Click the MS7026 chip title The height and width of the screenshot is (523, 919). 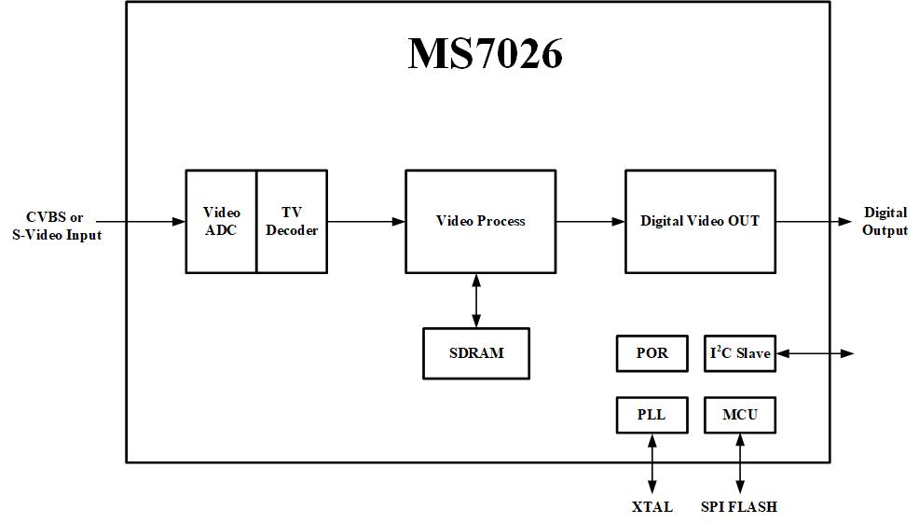pos(485,54)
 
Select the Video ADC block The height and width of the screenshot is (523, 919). pos(221,222)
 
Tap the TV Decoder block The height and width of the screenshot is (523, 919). pos(292,222)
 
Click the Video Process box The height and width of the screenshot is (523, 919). pos(480,222)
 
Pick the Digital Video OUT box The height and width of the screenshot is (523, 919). pos(699,222)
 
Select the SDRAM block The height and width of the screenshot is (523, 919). pos(476,353)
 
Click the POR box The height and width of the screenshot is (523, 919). pos(652,353)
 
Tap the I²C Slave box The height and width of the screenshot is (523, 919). pos(739,353)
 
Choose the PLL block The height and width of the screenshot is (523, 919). pos(652,414)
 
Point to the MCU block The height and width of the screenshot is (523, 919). pos(739,414)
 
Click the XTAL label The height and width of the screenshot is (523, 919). pos(652,507)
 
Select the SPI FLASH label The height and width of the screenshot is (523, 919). pos(738,507)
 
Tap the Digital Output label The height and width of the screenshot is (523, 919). pos(885,222)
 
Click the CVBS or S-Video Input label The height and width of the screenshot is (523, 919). pos(56,227)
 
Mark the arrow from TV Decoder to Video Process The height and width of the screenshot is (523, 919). pos(365,222)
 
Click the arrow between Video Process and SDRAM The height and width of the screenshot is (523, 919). pos(477,300)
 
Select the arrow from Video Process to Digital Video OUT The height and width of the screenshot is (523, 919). pos(590,222)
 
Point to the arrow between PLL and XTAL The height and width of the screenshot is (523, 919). pos(652,463)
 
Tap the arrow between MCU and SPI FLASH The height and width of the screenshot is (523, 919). pos(740,463)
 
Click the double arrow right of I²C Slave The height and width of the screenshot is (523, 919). pos(814,353)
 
